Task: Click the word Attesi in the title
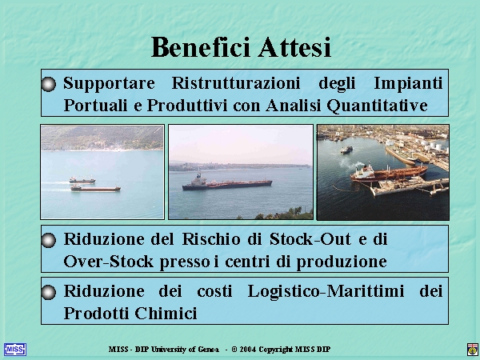click(x=294, y=47)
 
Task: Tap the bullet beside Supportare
click(x=48, y=84)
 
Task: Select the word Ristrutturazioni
click(x=236, y=82)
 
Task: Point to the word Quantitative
click(x=377, y=106)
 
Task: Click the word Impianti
click(x=408, y=83)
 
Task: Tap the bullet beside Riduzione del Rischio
click(x=48, y=240)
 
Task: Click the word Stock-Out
click(x=310, y=238)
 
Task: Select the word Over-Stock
click(x=108, y=262)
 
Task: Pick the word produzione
click(x=342, y=262)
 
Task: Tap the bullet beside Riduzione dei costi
click(x=48, y=292)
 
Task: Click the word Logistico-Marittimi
click(x=326, y=291)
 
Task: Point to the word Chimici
click(x=166, y=313)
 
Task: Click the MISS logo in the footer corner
click(x=15, y=350)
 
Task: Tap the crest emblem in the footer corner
click(x=473, y=350)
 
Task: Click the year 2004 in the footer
click(x=248, y=350)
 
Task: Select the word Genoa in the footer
click(x=208, y=350)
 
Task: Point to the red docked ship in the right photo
click(x=389, y=174)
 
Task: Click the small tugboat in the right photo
click(x=346, y=150)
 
